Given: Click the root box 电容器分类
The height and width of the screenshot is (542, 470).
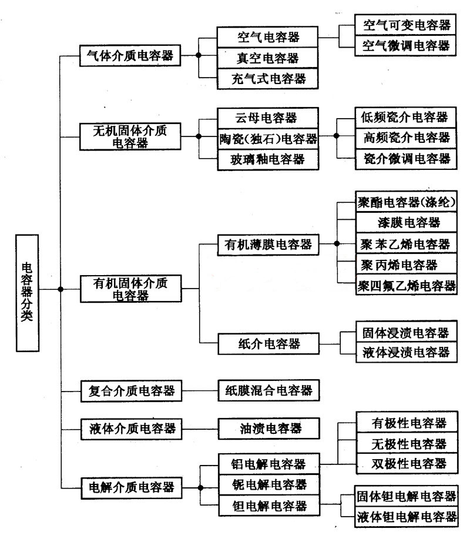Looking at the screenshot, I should click(x=27, y=293).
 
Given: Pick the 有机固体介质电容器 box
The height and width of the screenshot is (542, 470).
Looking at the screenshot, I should click(x=130, y=289).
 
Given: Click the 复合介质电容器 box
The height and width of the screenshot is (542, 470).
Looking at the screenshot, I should click(x=130, y=390).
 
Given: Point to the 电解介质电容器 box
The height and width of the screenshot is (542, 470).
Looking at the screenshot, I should click(x=130, y=487).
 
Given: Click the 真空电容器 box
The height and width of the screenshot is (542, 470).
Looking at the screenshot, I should click(x=267, y=58).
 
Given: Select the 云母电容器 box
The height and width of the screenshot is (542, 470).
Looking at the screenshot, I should click(x=267, y=116).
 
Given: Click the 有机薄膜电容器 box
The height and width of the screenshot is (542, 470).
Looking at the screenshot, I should click(x=267, y=243).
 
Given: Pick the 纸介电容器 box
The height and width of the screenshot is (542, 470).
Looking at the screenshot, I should click(x=267, y=342).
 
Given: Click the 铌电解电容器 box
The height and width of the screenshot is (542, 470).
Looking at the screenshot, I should click(x=268, y=486).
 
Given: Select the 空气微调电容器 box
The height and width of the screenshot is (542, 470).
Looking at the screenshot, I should click(x=405, y=46).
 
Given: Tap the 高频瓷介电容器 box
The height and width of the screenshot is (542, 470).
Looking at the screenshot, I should click(x=405, y=137).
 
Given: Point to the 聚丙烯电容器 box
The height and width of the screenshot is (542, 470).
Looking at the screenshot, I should click(x=405, y=265).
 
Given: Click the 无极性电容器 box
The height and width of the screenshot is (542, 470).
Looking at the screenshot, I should click(x=405, y=443).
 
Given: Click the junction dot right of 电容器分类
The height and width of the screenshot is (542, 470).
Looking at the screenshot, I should click(x=61, y=289).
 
